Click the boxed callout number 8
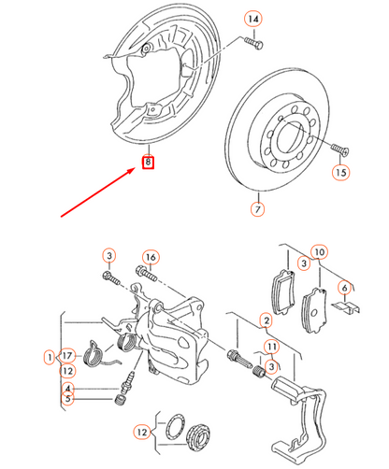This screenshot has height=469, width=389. pos(148,163)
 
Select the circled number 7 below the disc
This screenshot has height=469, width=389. pos(257,209)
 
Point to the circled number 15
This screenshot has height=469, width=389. pos(340,173)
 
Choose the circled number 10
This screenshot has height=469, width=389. pos(320,252)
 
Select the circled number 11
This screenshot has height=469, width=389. pos(271,348)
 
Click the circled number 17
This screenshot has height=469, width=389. pos(66,356)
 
